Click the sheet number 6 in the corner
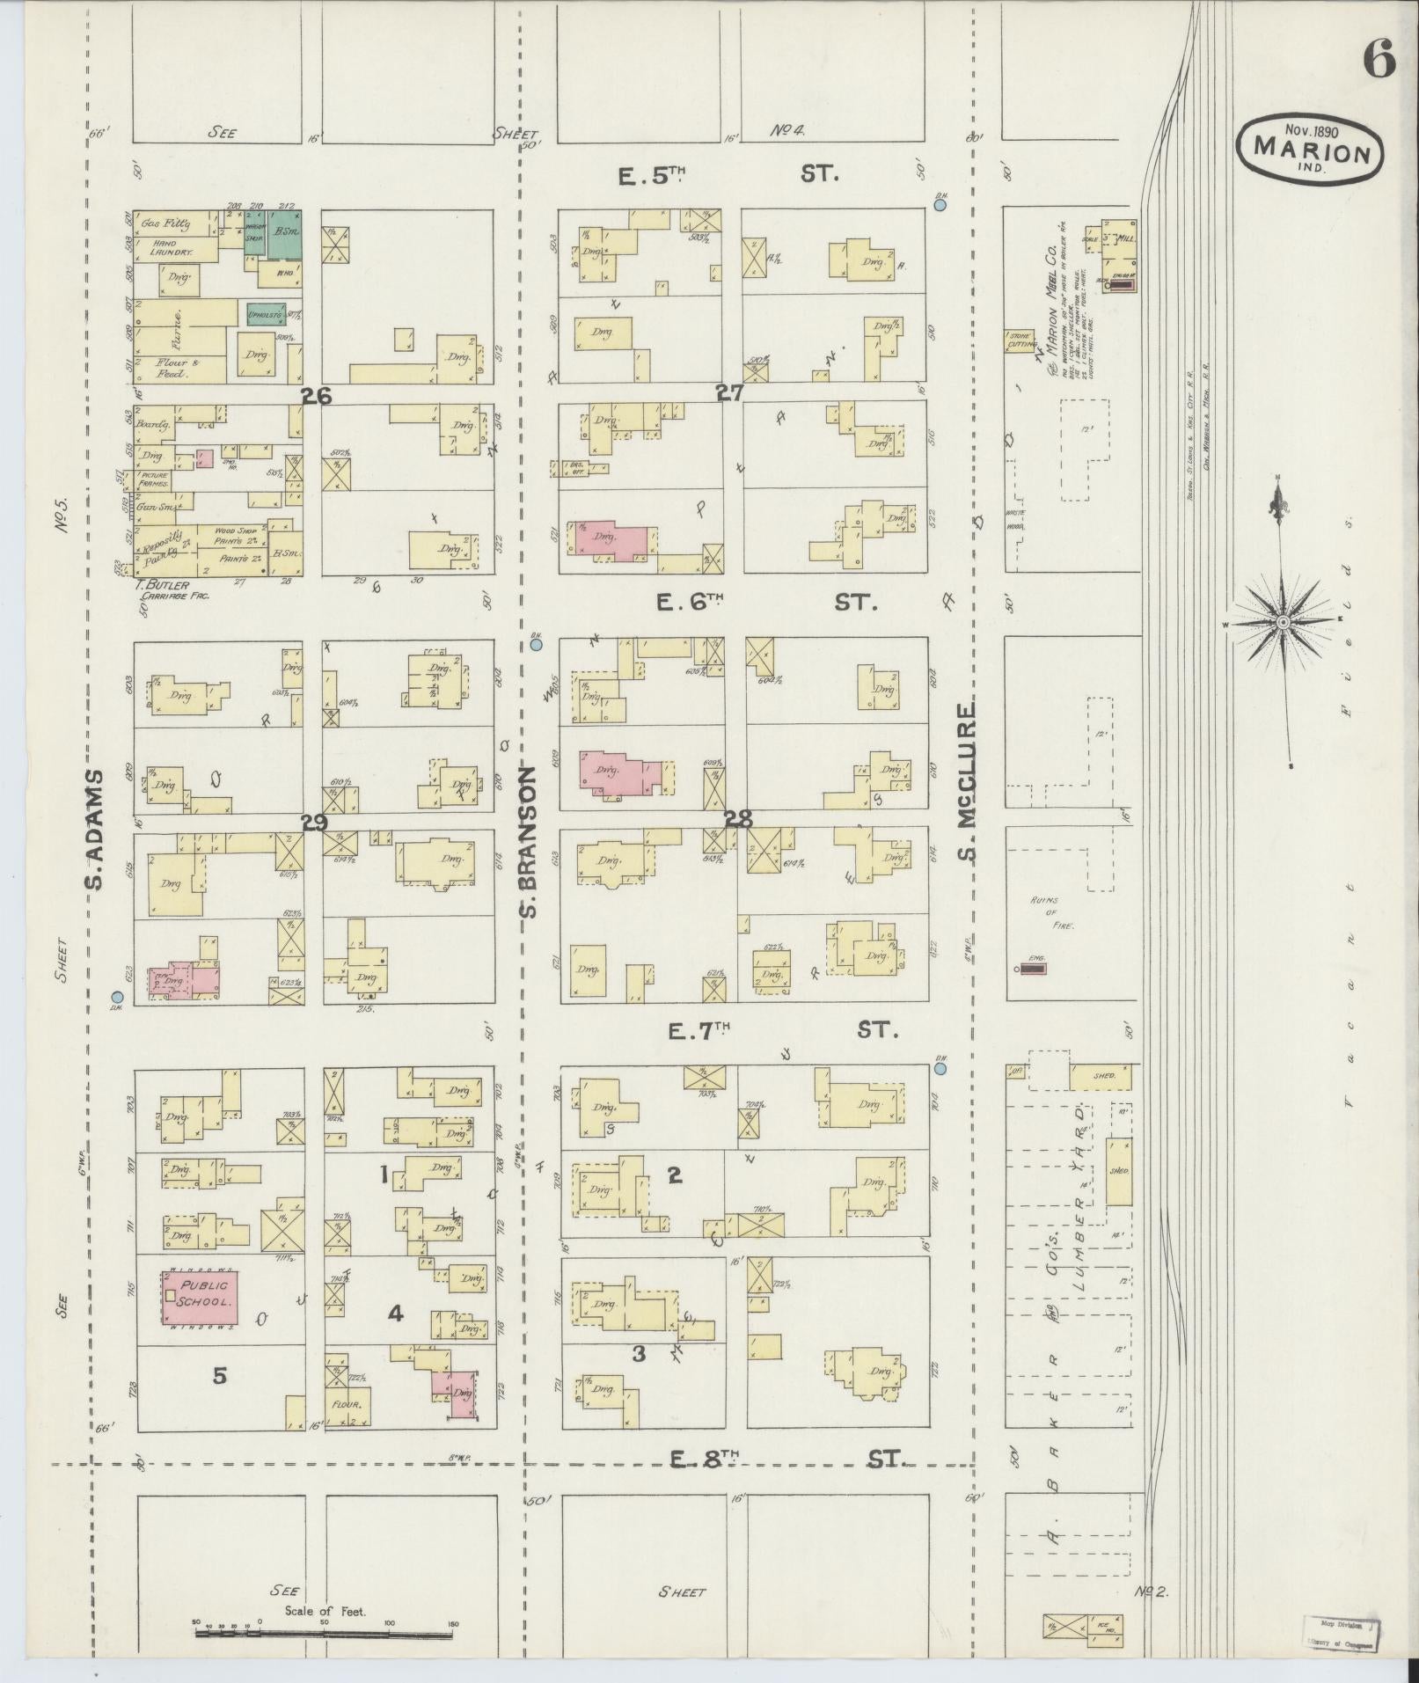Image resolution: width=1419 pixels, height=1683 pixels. click(1379, 60)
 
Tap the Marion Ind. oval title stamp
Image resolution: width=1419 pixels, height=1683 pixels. click(1309, 148)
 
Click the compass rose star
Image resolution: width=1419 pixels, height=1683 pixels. click(1283, 622)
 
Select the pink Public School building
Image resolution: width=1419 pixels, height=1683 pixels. click(201, 1296)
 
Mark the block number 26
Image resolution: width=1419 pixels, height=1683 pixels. click(316, 396)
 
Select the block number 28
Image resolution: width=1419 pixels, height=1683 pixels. click(737, 819)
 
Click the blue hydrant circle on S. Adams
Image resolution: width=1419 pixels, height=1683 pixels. click(116, 998)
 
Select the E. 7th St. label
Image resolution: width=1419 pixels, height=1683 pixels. click(781, 1029)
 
